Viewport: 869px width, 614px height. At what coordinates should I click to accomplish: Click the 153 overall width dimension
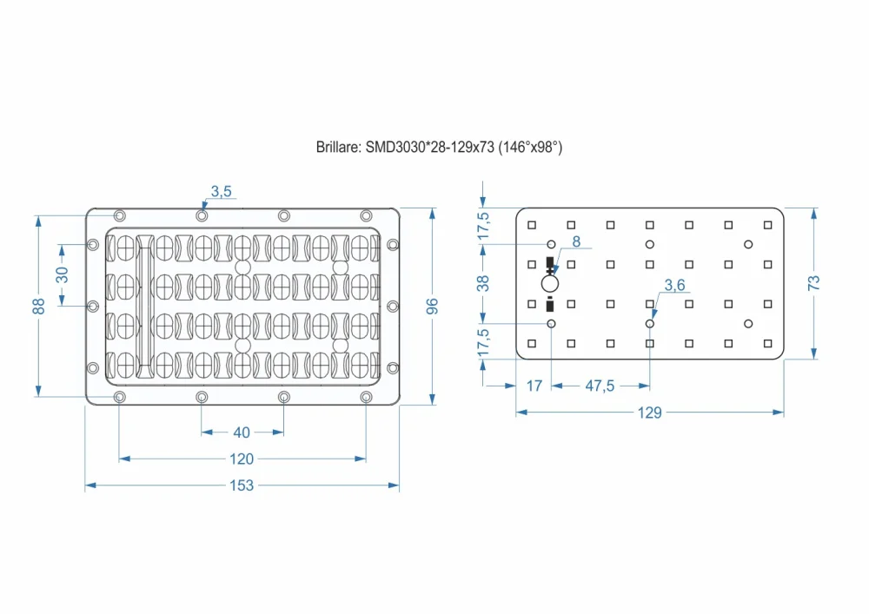[242, 485]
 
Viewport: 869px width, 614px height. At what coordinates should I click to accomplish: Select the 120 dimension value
[242, 458]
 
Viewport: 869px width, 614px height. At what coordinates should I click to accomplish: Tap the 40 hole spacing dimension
[242, 432]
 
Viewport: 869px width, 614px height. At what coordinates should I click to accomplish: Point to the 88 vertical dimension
[38, 306]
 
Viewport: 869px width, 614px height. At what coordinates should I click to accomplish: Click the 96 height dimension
[433, 306]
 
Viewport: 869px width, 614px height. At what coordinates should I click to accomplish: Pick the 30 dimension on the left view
[62, 274]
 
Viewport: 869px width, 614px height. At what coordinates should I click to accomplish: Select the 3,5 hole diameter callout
[222, 192]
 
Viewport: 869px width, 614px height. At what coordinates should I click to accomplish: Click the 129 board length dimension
[649, 413]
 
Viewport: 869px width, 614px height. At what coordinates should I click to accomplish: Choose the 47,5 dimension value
[600, 386]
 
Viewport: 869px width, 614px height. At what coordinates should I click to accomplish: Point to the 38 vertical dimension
[484, 282]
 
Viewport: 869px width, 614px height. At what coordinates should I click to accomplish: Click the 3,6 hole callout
[675, 284]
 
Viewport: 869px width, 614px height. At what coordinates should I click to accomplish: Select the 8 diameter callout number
[575, 241]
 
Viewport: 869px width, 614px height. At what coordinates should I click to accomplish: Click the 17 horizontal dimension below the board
[534, 386]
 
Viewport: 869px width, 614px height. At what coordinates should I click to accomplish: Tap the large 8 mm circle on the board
[550, 283]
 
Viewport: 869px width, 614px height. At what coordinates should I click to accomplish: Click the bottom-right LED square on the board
[767, 343]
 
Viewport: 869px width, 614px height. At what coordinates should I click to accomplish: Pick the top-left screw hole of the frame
[120, 215]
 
